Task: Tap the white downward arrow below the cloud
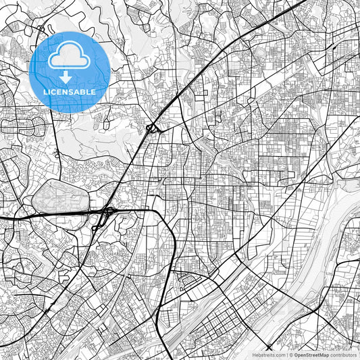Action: point(70,76)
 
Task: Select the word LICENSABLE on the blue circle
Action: point(70,91)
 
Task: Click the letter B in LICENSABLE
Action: point(81,91)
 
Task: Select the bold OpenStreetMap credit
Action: point(311,355)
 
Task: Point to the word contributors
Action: point(344,355)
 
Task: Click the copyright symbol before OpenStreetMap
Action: point(290,355)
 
